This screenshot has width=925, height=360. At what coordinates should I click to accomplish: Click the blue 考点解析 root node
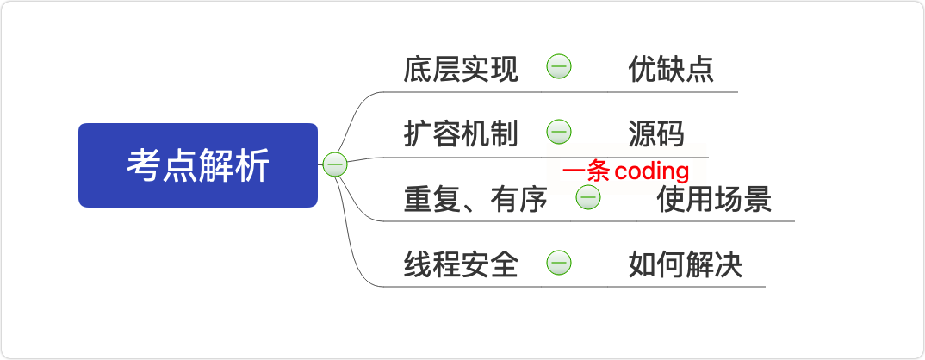pyautogui.click(x=198, y=165)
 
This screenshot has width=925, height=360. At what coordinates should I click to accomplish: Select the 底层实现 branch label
pyautogui.click(x=461, y=70)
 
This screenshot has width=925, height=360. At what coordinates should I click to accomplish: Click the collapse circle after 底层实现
pyautogui.click(x=559, y=66)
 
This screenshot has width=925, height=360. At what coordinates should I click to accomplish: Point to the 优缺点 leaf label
pyautogui.click(x=671, y=70)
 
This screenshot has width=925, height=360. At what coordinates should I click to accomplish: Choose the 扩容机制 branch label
pyautogui.click(x=461, y=134)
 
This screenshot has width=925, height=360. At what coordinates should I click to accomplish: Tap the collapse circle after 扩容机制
pyautogui.click(x=559, y=132)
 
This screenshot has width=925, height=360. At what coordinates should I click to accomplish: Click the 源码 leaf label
pyautogui.click(x=656, y=134)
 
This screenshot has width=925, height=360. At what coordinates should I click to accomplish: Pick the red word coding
pyautogui.click(x=651, y=171)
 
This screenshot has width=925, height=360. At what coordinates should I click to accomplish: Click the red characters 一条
pyautogui.click(x=586, y=171)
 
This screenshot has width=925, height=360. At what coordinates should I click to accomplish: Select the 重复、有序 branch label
pyautogui.click(x=475, y=200)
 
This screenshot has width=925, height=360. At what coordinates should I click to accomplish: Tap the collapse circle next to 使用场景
pyautogui.click(x=588, y=197)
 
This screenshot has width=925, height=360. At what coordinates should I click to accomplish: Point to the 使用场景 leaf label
pyautogui.click(x=713, y=200)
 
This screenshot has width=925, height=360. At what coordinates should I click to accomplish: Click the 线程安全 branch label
pyautogui.click(x=461, y=265)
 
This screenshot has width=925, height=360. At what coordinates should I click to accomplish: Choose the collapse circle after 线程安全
pyautogui.click(x=559, y=264)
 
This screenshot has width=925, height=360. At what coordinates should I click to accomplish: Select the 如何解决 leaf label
pyautogui.click(x=685, y=265)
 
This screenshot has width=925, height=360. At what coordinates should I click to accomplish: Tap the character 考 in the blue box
pyautogui.click(x=142, y=165)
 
